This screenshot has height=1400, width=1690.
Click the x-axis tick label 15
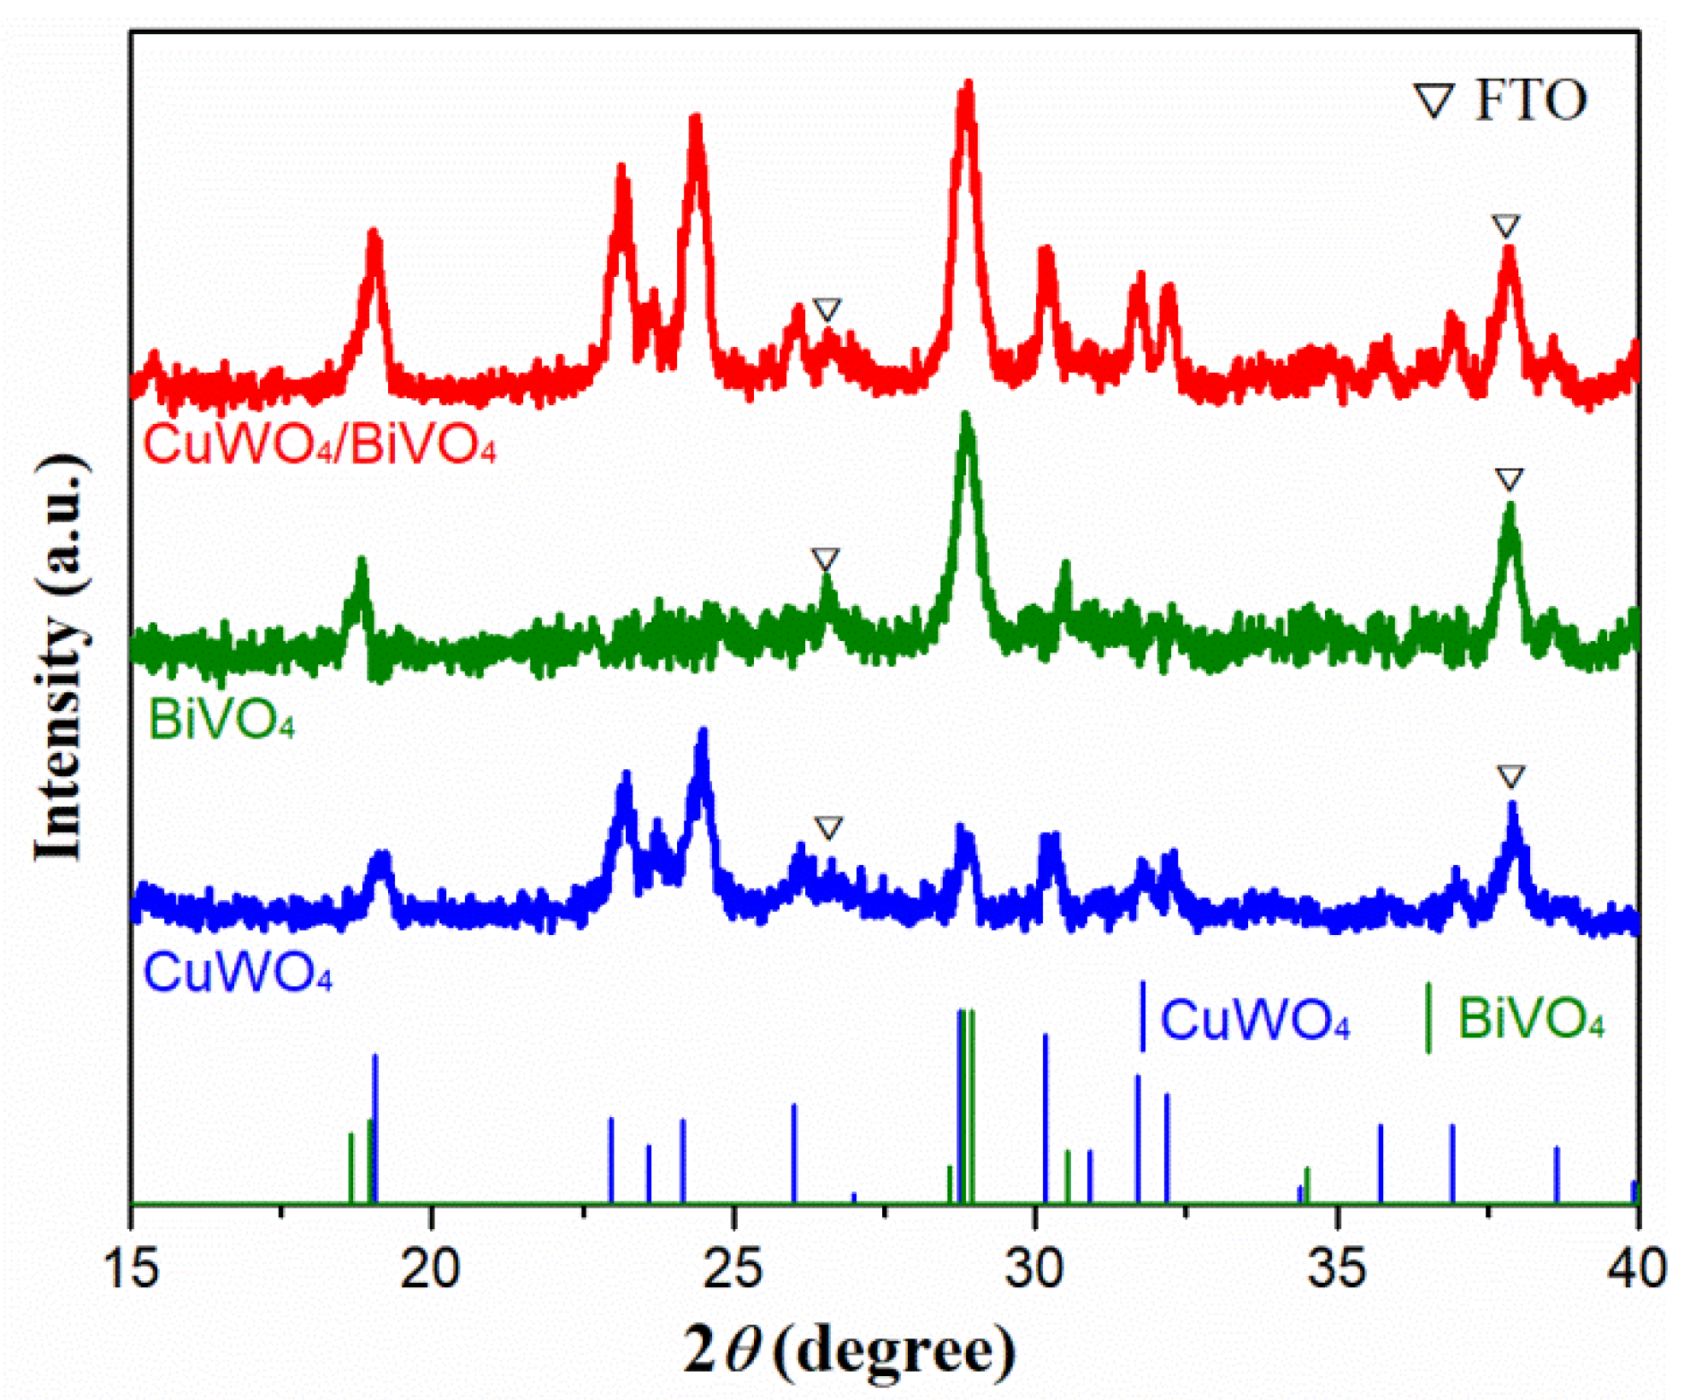tap(131, 1268)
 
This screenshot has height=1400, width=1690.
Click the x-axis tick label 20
tap(430, 1268)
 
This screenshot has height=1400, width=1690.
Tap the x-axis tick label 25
tap(733, 1268)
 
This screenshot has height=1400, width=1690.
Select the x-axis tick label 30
tap(1034, 1268)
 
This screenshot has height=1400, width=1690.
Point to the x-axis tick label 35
tap(1337, 1268)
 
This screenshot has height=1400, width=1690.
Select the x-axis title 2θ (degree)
tap(849, 1350)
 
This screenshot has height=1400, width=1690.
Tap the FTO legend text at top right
tap(1530, 101)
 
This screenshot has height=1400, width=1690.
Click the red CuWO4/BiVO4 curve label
tap(320, 444)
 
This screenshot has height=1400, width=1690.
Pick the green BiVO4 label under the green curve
tap(221, 720)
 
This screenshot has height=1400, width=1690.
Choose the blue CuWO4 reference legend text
tap(1254, 1019)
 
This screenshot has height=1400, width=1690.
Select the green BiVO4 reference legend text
tap(1530, 1019)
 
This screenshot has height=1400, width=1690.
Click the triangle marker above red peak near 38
tap(1505, 226)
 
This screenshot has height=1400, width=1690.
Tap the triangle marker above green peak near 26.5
tap(825, 560)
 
